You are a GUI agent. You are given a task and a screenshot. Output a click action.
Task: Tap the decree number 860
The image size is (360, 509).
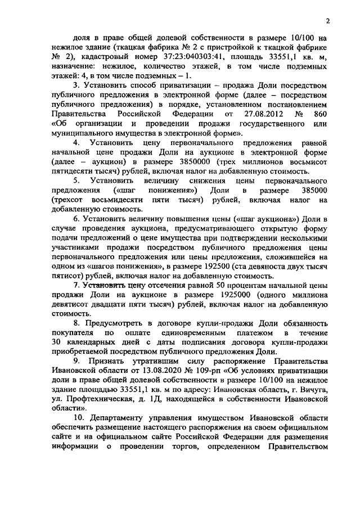pyautogui.click(x=319, y=124)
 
